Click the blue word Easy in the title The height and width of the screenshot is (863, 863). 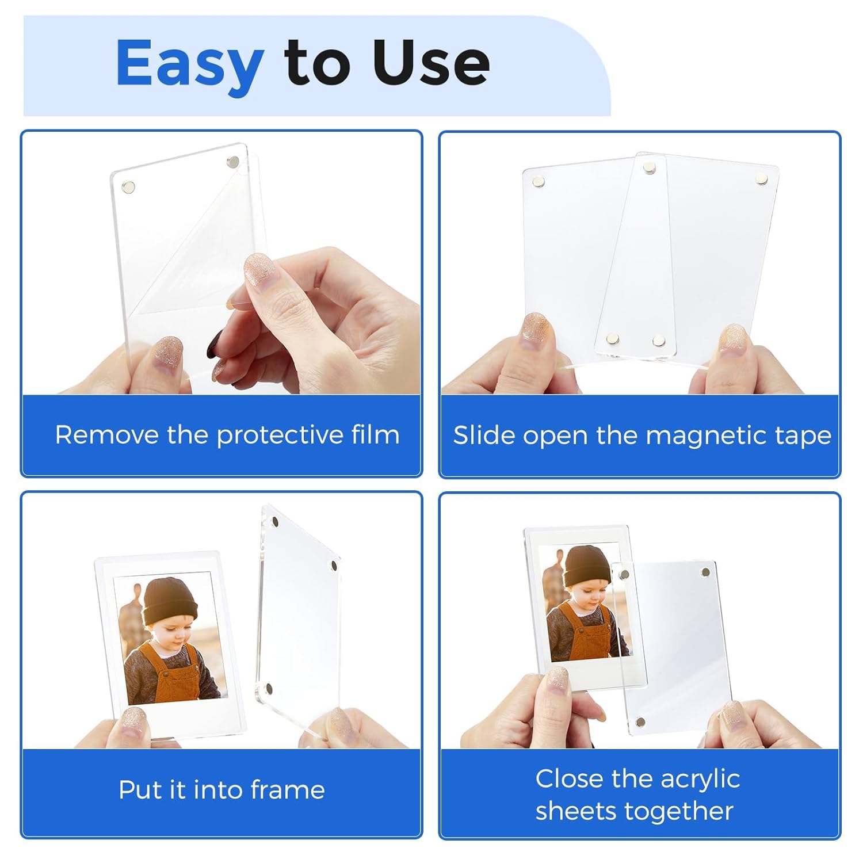[189, 64]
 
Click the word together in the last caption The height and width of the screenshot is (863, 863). [678, 811]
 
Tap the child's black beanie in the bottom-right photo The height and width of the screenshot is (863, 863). [586, 566]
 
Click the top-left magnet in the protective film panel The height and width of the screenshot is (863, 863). [129, 186]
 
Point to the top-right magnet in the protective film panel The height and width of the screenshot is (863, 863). [233, 162]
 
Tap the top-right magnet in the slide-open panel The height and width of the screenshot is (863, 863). [762, 179]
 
